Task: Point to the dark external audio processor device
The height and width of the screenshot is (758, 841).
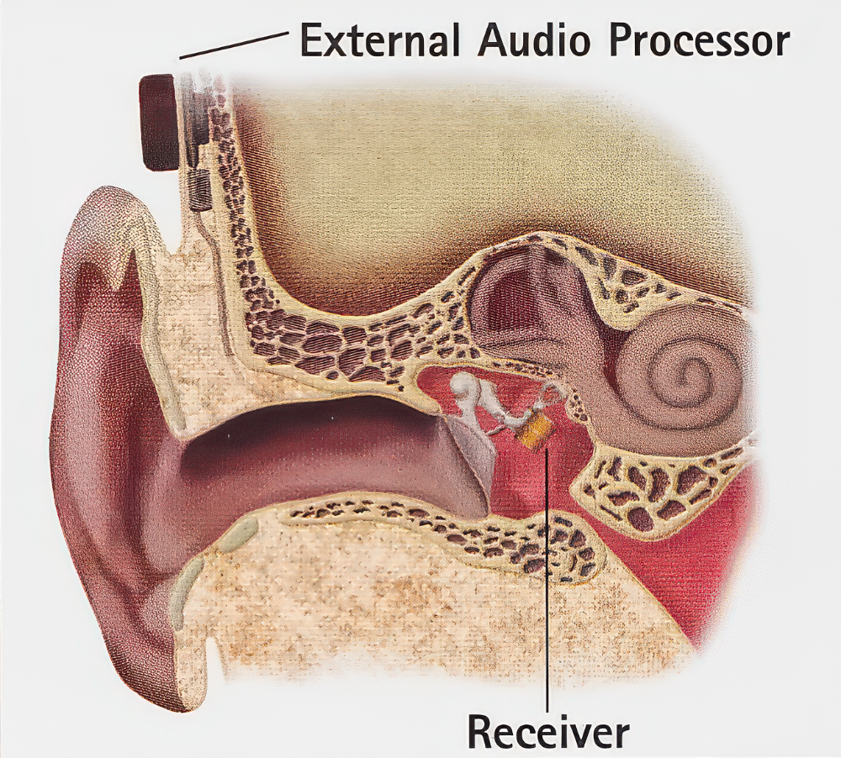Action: point(159,123)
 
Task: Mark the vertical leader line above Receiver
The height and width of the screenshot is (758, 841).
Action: point(547,574)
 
